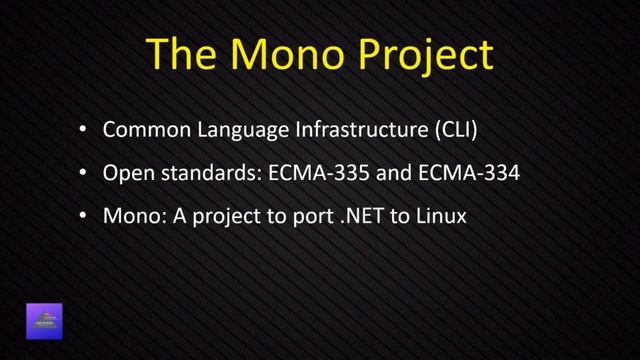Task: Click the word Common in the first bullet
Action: coord(140,131)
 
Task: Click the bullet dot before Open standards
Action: coord(83,173)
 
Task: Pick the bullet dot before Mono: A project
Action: coord(83,214)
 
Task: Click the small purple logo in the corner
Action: coord(44,321)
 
